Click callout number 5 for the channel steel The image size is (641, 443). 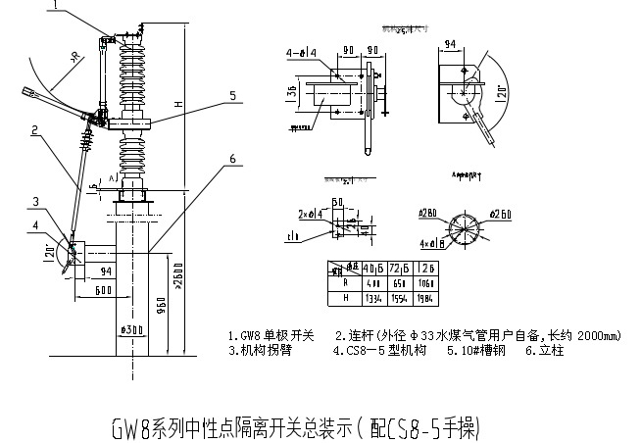coord(232,96)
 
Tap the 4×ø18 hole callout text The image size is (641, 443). coord(432,242)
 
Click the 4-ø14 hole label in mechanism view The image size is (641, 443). coord(301,51)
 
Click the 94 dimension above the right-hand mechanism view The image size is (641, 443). coord(452,44)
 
